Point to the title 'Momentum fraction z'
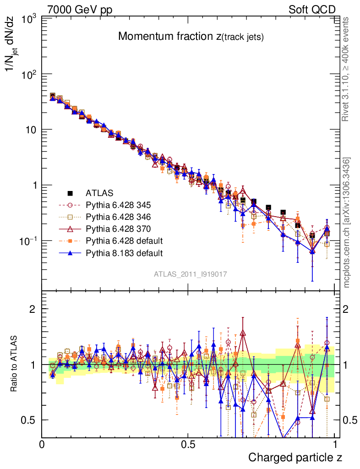[x=191, y=37]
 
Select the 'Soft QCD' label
[x=312, y=10]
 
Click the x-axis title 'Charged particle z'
[x=295, y=457]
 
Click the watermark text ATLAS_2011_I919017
[x=191, y=274]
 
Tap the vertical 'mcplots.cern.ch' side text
[x=347, y=223]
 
